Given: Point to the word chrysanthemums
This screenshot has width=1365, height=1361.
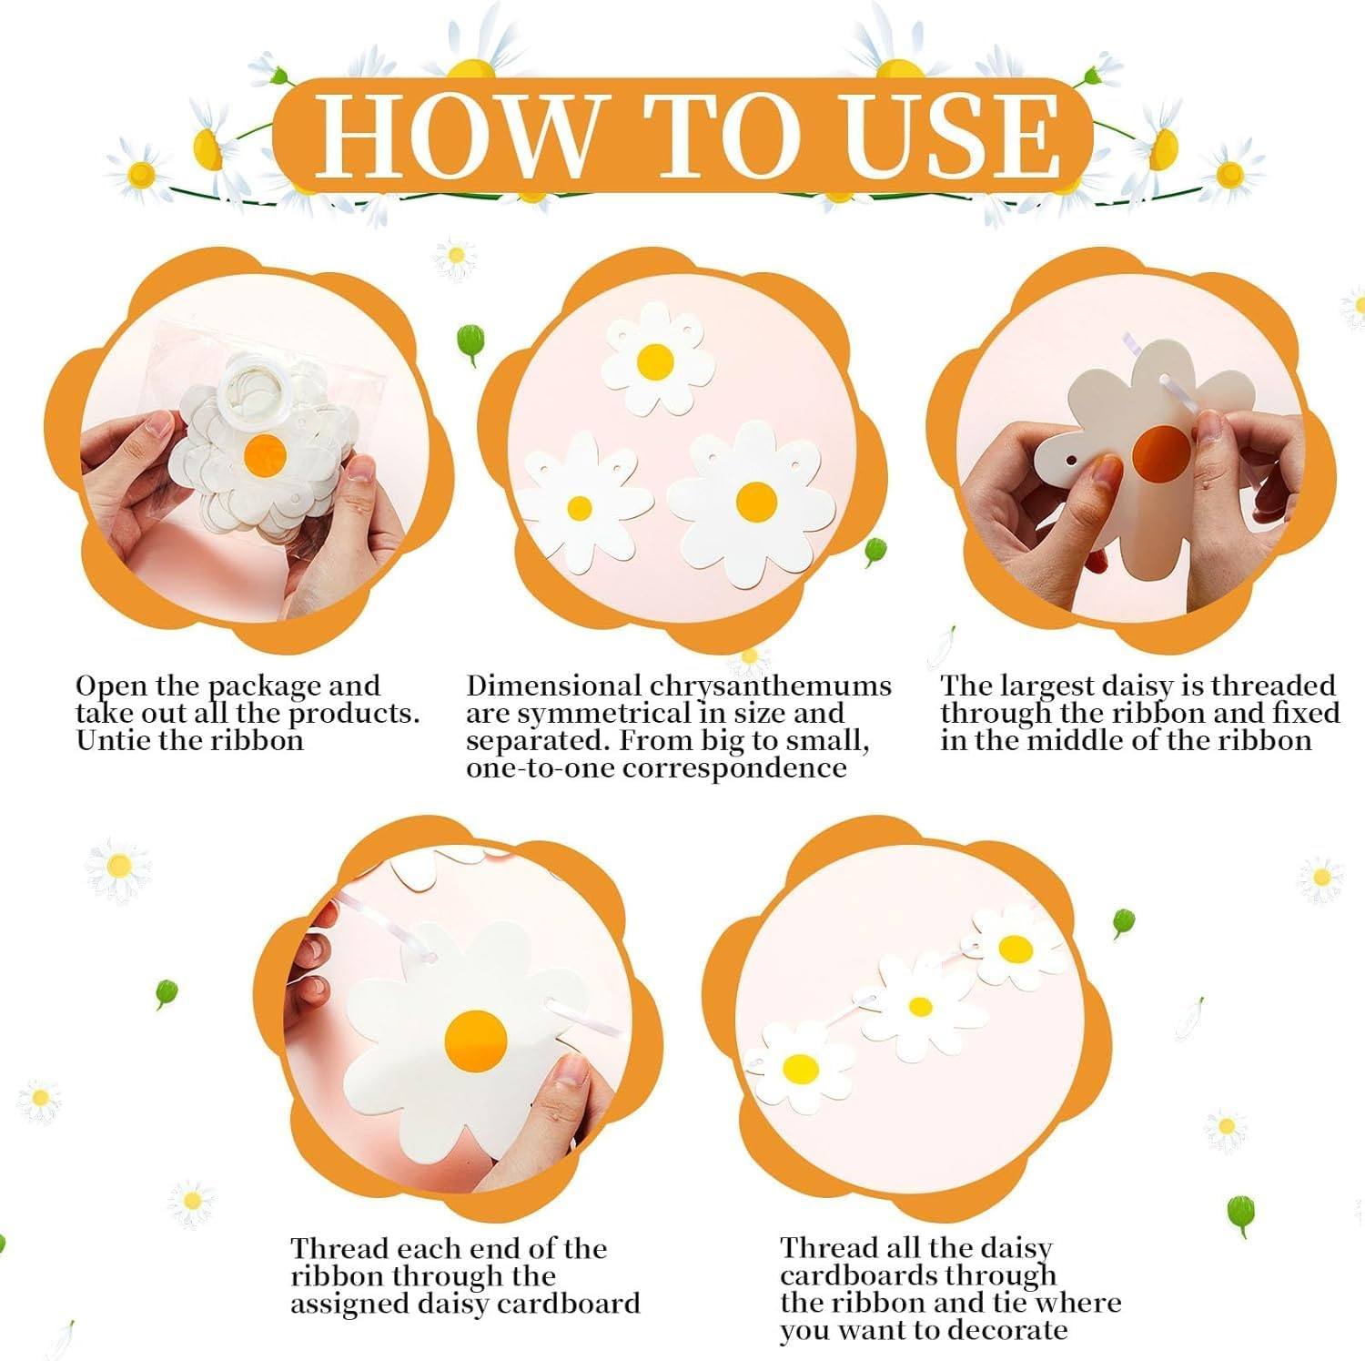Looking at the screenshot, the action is pos(771,686).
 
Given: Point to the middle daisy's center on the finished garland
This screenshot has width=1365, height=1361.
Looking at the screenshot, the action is pos(920,1007).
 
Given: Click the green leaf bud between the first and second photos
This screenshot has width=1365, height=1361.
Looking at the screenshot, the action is pos(469,342).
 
